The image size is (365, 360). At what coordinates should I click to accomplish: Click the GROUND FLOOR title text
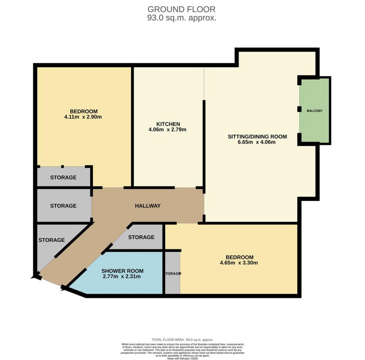point(181,9)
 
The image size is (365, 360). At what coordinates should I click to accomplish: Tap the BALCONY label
point(315,111)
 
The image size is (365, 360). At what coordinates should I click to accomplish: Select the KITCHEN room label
point(168,124)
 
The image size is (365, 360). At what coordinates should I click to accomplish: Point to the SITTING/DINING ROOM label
point(257,137)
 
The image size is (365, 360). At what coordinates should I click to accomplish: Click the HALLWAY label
point(147,206)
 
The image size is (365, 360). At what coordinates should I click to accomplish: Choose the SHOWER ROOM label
point(123,271)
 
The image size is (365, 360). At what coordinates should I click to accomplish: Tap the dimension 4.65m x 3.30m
point(239,263)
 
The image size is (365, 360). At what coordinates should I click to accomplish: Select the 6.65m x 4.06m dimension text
point(257,142)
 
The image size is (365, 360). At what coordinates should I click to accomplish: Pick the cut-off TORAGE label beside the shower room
point(173,273)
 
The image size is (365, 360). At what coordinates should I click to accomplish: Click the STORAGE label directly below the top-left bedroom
point(63,177)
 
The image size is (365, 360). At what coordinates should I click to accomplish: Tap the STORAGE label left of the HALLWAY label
point(63,206)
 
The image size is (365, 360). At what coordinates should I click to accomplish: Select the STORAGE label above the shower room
point(141,237)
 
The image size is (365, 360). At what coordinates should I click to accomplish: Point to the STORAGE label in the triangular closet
point(51,240)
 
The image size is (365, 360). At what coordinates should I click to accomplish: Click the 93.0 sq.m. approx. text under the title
point(181,17)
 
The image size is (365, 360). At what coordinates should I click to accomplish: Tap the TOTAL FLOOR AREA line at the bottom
point(182,340)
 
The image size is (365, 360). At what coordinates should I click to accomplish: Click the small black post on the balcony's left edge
point(299,109)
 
